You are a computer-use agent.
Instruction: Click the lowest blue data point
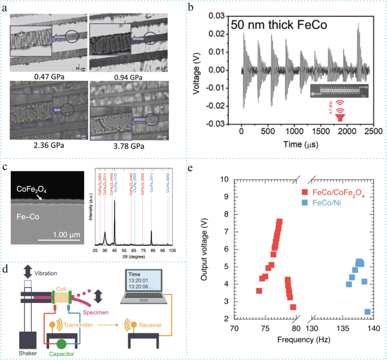click(368, 312)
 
